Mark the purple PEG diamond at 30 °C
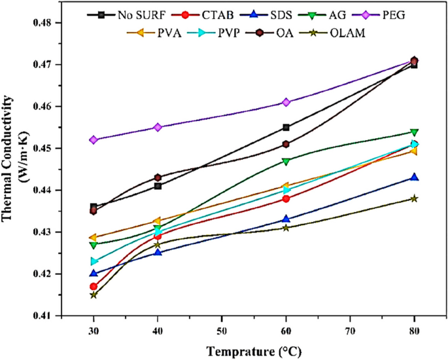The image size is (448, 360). [x=94, y=139]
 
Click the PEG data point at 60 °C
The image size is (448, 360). [x=286, y=102]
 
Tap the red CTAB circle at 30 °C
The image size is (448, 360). [x=94, y=286]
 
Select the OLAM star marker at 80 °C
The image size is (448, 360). [x=414, y=198]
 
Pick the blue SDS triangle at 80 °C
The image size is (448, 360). [x=414, y=177]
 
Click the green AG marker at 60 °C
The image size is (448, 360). [x=286, y=160]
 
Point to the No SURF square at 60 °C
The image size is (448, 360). [x=286, y=127]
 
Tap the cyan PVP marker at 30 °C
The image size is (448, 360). [x=94, y=261]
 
